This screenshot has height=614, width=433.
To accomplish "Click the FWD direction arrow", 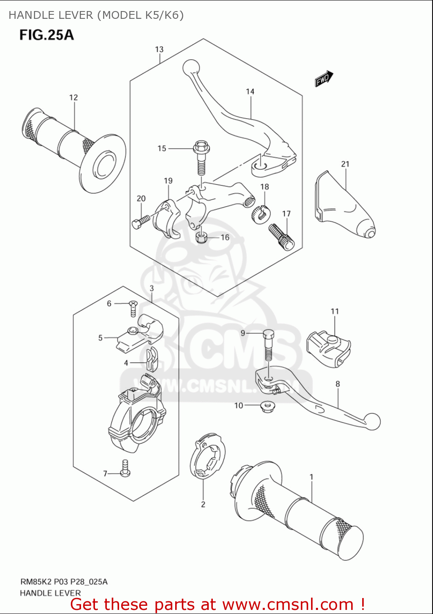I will (324, 79).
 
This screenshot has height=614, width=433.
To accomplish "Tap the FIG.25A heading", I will (47, 35).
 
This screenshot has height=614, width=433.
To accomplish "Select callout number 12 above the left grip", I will (73, 97).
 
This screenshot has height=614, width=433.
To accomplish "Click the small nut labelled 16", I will (201, 237).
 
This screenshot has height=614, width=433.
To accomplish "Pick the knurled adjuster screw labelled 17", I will (281, 237).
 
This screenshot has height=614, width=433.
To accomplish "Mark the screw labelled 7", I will (125, 469).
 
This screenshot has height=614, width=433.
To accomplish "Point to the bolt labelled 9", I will (268, 344).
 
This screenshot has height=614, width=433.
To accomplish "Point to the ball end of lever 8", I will (372, 422).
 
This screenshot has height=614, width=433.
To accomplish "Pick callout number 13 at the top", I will (159, 50).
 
